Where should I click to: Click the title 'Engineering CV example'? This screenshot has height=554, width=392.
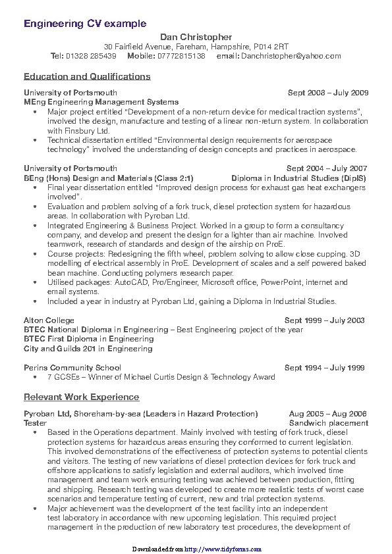click(x=85, y=24)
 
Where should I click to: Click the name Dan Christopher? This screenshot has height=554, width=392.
click(x=196, y=37)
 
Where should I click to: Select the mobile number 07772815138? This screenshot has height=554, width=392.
click(x=181, y=56)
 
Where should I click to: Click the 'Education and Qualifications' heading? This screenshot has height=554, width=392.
click(x=87, y=76)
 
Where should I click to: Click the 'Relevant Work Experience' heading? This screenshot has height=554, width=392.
click(x=81, y=397)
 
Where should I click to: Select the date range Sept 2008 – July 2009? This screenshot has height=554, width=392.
click(x=327, y=93)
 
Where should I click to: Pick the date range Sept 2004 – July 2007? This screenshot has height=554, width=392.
click(x=327, y=168)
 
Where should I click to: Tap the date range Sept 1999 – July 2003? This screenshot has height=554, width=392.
click(x=324, y=320)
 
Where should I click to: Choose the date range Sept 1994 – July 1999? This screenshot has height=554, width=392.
click(x=324, y=368)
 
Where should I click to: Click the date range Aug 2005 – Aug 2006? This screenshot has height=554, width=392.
click(x=327, y=414)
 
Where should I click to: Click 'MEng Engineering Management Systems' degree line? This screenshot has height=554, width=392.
click(x=101, y=102)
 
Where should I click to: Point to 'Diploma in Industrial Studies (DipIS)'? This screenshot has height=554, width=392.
click(x=298, y=178)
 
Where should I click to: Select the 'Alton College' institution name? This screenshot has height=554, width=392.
click(x=49, y=320)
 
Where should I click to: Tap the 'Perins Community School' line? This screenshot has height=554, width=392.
click(x=72, y=368)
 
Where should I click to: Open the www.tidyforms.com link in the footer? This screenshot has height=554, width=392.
click(x=223, y=549)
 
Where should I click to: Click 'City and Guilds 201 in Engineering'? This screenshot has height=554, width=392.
click(x=88, y=349)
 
